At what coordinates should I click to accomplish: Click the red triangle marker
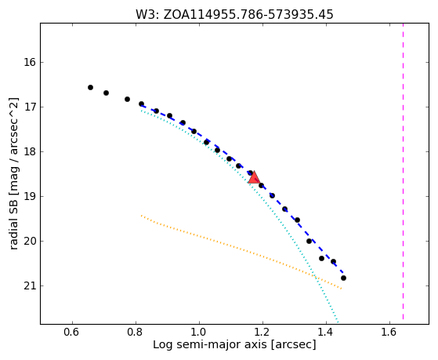point(254,177)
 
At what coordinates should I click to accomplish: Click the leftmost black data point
point(91,88)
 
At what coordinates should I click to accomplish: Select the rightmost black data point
point(344,278)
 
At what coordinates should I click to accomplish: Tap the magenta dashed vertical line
point(403,171)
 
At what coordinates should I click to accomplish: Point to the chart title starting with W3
point(234,14)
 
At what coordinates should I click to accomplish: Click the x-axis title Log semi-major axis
point(234,344)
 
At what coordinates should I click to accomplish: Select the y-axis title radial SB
point(13,173)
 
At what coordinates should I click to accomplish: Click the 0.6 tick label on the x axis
point(72,332)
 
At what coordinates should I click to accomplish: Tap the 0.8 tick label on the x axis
point(136,332)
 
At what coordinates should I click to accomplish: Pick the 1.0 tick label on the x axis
point(199,332)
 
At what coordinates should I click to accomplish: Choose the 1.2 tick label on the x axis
point(262,332)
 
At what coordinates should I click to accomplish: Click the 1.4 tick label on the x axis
point(326,332)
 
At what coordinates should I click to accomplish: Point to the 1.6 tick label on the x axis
point(389,332)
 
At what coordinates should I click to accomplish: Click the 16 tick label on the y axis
point(30,62)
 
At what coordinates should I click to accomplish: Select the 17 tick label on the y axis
point(30,107)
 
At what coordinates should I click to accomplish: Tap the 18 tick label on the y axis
point(30,151)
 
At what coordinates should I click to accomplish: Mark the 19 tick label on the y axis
point(30,196)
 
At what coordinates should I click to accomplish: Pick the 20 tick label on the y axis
point(30,241)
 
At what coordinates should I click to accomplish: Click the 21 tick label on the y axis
point(30,285)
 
